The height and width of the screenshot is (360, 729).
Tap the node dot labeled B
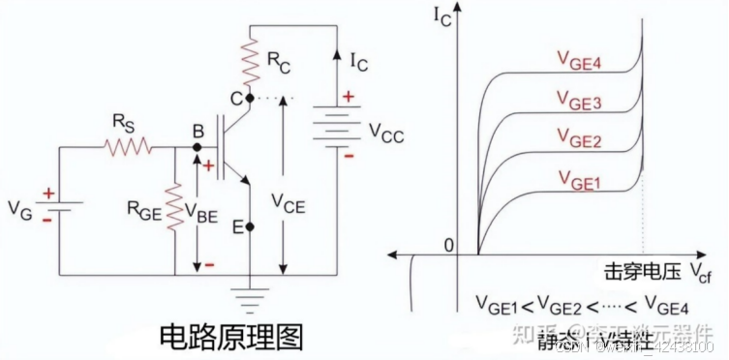196,147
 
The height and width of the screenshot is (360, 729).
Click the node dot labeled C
249,99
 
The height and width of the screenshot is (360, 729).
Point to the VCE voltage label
291,203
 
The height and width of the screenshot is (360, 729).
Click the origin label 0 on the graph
448,244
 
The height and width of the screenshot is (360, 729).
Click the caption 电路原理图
231,336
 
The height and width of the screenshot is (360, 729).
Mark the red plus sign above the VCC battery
349,97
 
